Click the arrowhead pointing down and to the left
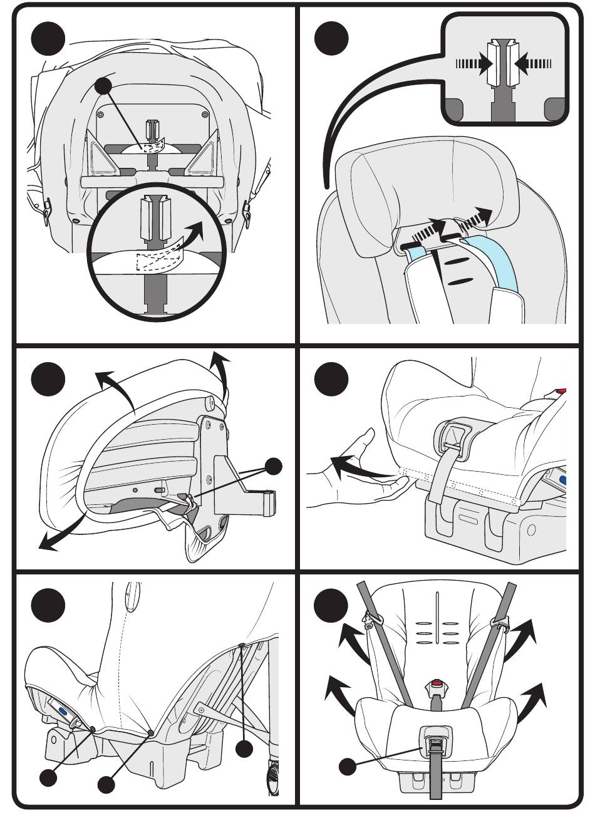coord(45,545)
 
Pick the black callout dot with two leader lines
coord(274,466)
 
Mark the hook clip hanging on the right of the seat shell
coord(249,212)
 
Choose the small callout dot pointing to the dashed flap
coord(103,86)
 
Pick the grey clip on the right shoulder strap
coord(499,621)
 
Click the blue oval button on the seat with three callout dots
coord(63,711)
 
